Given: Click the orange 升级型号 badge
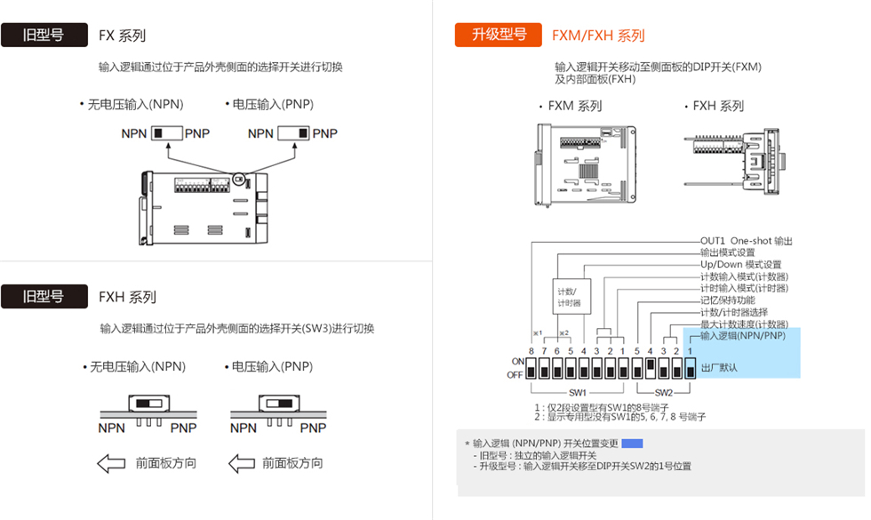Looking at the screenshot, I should click(x=499, y=35).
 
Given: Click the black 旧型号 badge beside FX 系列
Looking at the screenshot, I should click(x=44, y=36).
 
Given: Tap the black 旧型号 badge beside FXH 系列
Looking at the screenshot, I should click(x=44, y=296).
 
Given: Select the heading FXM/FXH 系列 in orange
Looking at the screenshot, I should click(x=598, y=36).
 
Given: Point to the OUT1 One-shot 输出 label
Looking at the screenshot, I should click(x=746, y=241).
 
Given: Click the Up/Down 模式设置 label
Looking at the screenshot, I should click(x=740, y=265).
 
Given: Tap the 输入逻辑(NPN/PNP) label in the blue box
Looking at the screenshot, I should click(x=743, y=336).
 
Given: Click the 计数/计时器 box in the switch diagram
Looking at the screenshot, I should click(x=566, y=297).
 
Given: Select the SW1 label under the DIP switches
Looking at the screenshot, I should click(x=578, y=392).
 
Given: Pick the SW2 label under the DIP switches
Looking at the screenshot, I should click(x=663, y=392).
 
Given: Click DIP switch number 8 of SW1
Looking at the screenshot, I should click(x=531, y=368).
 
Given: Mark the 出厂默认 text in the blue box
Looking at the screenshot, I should click(x=719, y=367).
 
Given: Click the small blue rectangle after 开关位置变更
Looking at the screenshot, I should click(x=631, y=443).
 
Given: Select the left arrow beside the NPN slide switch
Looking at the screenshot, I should click(x=111, y=463).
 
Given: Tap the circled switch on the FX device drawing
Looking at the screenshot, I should click(x=238, y=180).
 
